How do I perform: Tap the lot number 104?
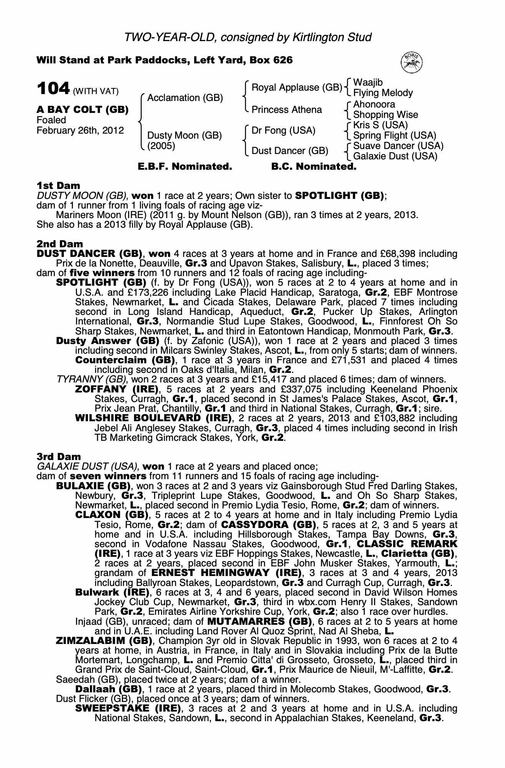tap(53, 89)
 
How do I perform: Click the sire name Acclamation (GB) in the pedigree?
tap(185, 98)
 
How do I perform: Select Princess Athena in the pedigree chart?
tap(287, 110)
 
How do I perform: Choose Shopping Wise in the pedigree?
tap(385, 115)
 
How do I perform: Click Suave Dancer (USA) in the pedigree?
tap(398, 146)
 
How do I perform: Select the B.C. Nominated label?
tap(314, 167)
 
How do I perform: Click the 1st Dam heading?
tap(58, 186)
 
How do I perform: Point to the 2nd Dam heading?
tap(60, 244)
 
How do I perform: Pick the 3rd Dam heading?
tap(59, 457)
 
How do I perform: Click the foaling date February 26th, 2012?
tap(80, 131)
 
